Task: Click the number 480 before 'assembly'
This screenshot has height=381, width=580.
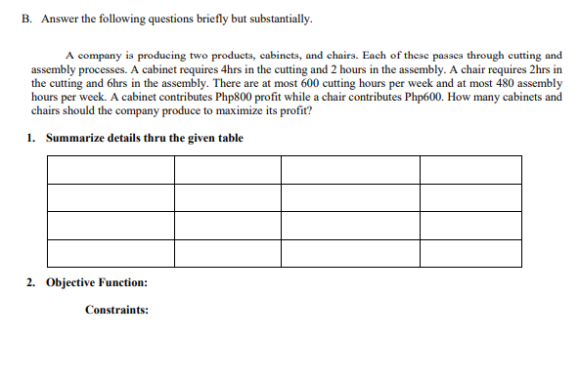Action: [x=494, y=84]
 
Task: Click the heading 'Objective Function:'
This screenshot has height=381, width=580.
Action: [x=97, y=282]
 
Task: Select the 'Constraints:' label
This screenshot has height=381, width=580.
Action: [x=116, y=310]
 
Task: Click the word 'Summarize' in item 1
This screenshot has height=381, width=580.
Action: [x=75, y=138]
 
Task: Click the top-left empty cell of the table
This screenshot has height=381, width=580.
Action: [x=110, y=170]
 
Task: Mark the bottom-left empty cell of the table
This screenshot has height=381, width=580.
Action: [x=110, y=254]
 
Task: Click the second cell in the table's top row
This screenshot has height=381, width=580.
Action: [x=227, y=170]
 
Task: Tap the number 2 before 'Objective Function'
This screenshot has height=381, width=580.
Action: [x=30, y=282]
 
